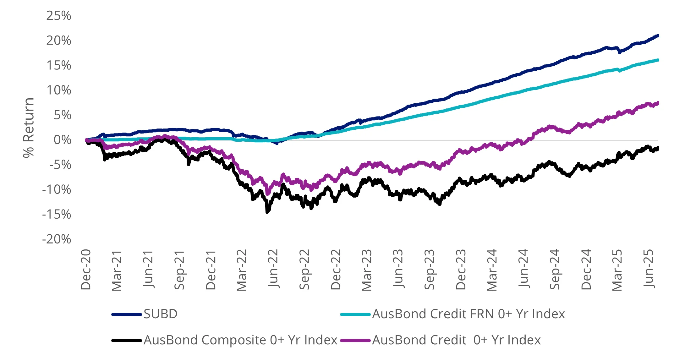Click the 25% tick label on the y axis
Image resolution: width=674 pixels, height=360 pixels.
pos(58,16)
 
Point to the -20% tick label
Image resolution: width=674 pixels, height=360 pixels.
pos(57,239)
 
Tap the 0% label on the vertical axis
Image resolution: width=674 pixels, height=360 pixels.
pos(62,140)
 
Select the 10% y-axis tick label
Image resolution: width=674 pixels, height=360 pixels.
pos(58,90)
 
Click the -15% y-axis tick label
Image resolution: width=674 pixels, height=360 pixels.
pos(57,215)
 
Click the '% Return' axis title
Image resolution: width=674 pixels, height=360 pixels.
pos(29,127)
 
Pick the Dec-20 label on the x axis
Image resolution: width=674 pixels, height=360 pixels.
pos(86,270)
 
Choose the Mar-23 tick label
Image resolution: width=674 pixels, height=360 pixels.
pos(367,270)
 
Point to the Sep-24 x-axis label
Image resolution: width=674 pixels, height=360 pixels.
pos(555,269)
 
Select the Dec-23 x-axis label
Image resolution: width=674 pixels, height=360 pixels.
pos(461,270)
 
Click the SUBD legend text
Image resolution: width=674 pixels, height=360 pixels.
pos(161,314)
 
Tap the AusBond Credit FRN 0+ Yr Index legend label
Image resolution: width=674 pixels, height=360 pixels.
pos(469,314)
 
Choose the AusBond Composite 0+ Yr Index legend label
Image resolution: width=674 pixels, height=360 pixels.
pos(240,340)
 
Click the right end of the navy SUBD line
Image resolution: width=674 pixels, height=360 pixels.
pos(658,36)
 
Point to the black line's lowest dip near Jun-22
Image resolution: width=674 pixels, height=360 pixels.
pos(267,212)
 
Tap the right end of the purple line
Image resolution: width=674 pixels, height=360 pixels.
pos(658,103)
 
